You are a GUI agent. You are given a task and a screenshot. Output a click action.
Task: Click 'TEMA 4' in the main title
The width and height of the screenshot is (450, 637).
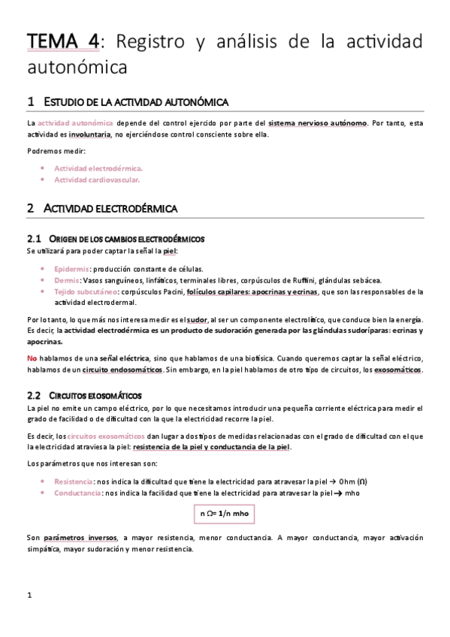pyautogui.click(x=62, y=41)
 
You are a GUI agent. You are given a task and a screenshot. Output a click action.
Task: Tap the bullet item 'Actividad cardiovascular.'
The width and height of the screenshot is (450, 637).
pyautogui.click(x=97, y=180)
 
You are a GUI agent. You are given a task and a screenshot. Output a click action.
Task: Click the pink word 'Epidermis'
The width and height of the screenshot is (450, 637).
pyautogui.click(x=73, y=269)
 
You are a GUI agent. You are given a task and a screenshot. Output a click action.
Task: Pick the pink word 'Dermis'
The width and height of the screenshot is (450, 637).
pyautogui.click(x=66, y=280)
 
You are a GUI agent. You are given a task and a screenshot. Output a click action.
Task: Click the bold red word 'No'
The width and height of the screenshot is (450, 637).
pyautogui.click(x=32, y=358)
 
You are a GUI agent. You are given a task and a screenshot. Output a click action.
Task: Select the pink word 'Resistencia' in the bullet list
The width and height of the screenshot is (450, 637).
pyautogui.click(x=74, y=481)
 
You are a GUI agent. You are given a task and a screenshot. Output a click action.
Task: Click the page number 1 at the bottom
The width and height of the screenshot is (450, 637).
pyautogui.click(x=29, y=597)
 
